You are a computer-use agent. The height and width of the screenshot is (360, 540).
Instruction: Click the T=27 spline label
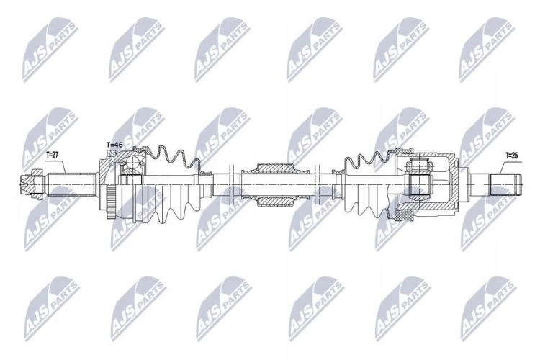53,156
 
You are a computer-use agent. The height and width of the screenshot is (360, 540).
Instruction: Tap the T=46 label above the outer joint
114,145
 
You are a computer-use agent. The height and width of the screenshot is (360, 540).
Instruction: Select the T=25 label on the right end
511,156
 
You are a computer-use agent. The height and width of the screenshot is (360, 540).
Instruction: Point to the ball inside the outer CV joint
132,162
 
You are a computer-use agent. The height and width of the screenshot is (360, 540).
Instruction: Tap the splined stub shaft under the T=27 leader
71,184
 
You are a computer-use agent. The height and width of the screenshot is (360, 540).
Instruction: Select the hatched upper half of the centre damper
275,168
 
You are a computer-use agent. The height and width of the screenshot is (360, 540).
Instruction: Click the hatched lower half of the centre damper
275,202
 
